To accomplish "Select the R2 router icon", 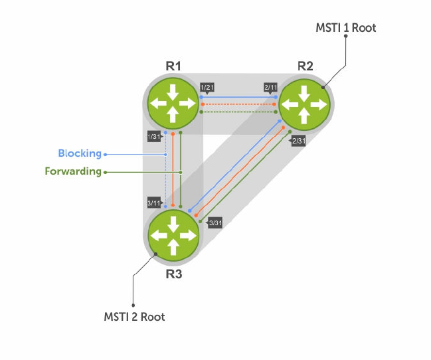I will pos(305,104).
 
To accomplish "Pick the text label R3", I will pos(173,274).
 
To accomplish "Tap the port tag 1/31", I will pos(154,137).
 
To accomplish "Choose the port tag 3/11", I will pos(153,203).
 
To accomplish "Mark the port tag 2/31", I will pos(298,141).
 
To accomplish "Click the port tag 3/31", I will pos(215,223).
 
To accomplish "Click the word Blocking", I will pos(80,153).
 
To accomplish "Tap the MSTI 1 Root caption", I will pos(345,28).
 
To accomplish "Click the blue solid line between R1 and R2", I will pos(238,97).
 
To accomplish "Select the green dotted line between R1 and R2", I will pos(238,112).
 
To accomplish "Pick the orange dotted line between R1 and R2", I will pos(238,104).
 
